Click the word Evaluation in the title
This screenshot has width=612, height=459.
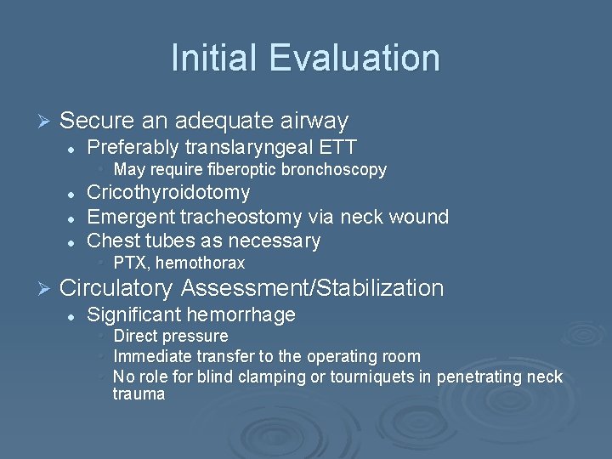(x=355, y=58)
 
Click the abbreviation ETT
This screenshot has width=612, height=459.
(x=337, y=147)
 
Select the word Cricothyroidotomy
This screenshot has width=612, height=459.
(x=169, y=193)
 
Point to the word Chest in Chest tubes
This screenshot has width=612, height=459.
(x=113, y=241)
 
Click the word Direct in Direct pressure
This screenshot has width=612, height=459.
(x=134, y=337)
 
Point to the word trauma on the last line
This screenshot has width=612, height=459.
(x=139, y=394)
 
